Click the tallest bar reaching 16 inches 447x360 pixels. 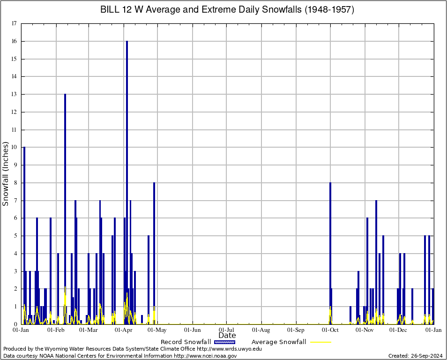point(127,183)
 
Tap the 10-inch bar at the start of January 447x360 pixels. point(24,234)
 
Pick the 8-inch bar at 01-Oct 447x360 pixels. point(330,253)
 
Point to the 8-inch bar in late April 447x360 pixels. point(154,253)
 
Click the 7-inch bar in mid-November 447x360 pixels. point(376,262)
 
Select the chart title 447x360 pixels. point(227,10)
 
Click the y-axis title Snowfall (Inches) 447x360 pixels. point(6,174)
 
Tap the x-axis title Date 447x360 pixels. point(227,336)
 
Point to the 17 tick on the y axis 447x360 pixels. point(14,23)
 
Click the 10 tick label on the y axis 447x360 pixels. point(14,147)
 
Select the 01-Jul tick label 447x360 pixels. point(227,330)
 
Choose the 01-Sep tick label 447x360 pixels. point(296,330)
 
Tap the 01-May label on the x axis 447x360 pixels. point(158,330)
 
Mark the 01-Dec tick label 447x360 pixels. point(399,330)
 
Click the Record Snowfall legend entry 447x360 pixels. point(186,342)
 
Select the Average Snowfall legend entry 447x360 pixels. point(279,342)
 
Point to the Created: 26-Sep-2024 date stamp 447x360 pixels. point(415,356)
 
